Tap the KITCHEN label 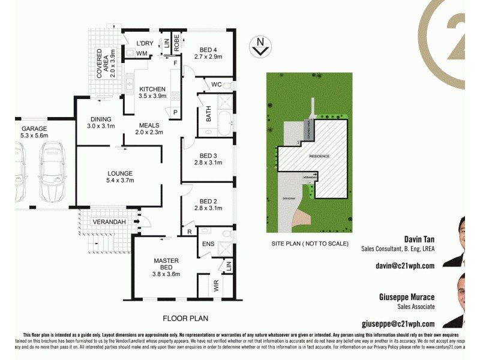click(x=152, y=89)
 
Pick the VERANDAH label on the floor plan click(x=109, y=222)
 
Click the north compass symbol click(x=260, y=46)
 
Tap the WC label click(x=217, y=85)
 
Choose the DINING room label click(x=100, y=119)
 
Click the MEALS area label click(x=149, y=125)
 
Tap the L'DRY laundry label click(x=146, y=43)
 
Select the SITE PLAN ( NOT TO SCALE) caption click(x=310, y=244)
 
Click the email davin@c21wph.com click(x=404, y=265)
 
